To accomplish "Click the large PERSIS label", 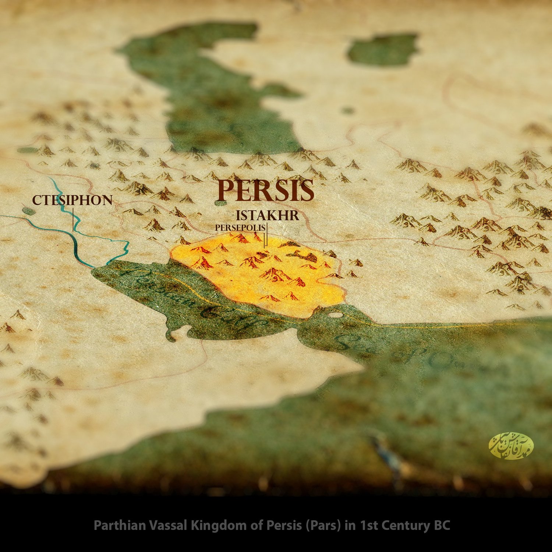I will (x=265, y=191).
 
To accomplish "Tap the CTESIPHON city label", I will (x=72, y=200).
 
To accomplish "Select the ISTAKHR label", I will (x=268, y=216).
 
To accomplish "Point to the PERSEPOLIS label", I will (x=240, y=228).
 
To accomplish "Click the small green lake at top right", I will (x=383, y=49).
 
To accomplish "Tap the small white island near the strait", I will (x=335, y=315).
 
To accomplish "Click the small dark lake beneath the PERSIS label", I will (x=220, y=203).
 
